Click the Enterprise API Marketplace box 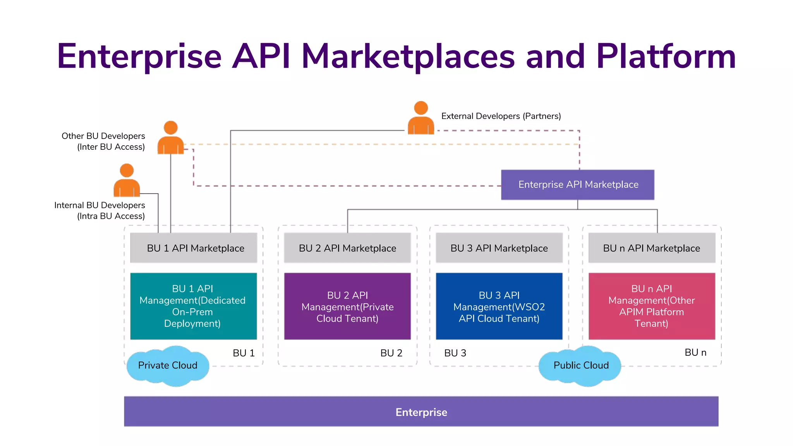pos(578,185)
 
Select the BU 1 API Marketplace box pos(194,248)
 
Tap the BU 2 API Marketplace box pos(347,248)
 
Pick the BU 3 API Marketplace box pos(499,248)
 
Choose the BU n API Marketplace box pos(652,248)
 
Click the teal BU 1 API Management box pos(193,306)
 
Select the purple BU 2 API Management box pos(347,306)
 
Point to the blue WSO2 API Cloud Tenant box pos(499,306)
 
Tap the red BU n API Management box pos(652,306)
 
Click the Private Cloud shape pos(168,365)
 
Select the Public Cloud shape pos(580,365)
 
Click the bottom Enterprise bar pos(421,412)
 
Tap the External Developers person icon pos(421,118)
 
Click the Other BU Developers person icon pos(171,138)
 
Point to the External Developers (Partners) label pos(501,116)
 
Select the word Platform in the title pos(666,57)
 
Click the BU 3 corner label pos(455,353)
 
